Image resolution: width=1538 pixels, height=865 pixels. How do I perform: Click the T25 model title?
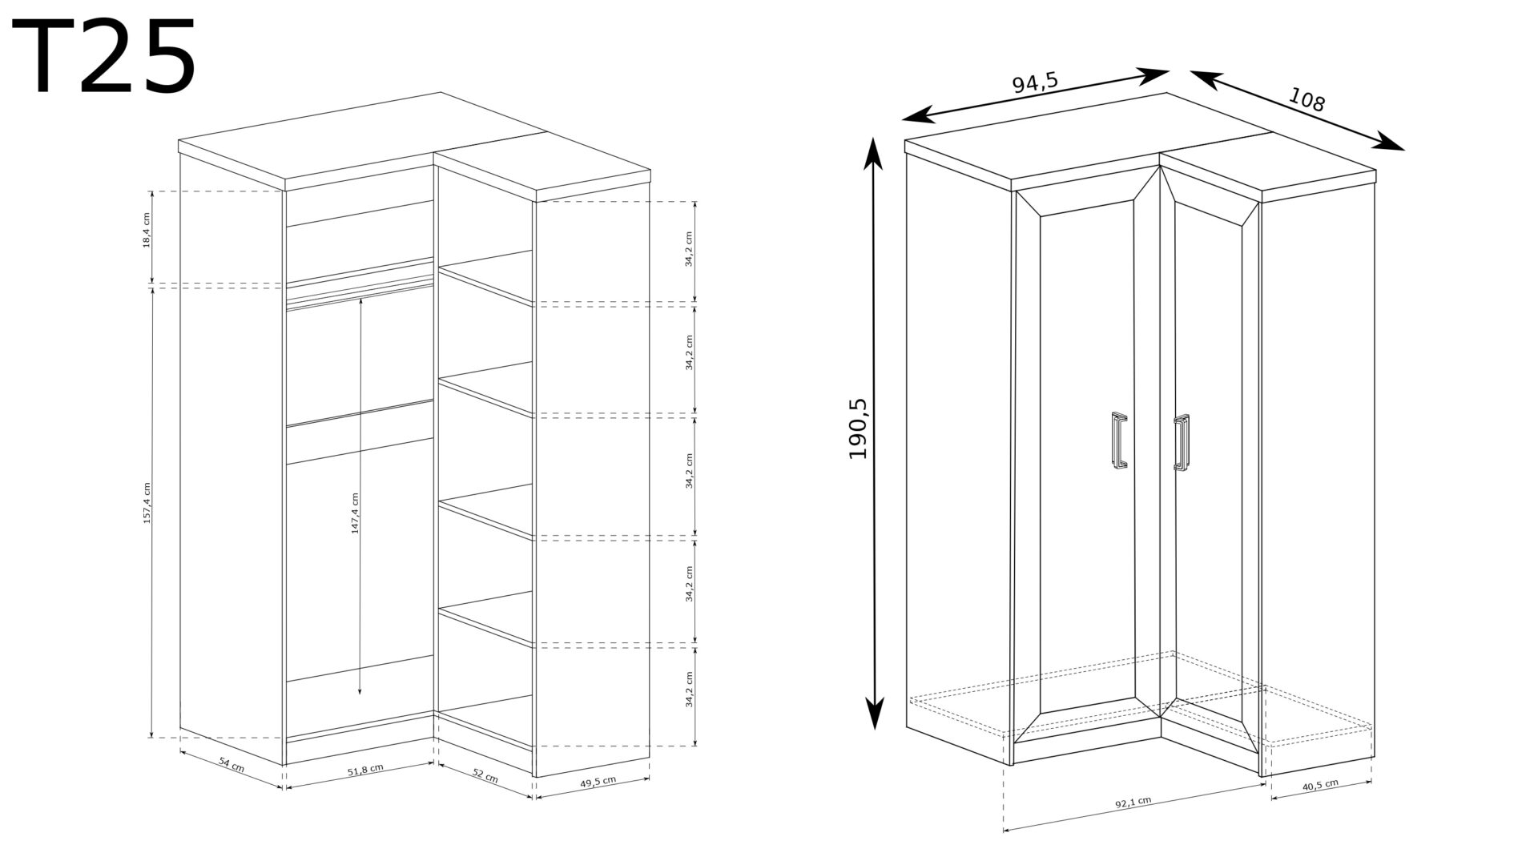(104, 57)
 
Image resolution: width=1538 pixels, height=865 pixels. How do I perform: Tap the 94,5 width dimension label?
(1035, 82)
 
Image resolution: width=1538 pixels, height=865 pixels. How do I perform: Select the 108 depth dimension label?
(1306, 99)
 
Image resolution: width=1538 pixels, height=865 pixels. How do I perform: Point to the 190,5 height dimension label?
(859, 428)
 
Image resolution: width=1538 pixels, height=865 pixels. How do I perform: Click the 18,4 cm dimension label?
(146, 237)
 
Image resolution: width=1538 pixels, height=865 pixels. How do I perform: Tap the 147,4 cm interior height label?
(355, 513)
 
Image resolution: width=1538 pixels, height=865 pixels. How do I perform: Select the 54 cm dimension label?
(232, 766)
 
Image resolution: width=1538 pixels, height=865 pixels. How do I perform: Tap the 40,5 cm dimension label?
(1320, 784)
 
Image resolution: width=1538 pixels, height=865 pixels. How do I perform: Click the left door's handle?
(1119, 439)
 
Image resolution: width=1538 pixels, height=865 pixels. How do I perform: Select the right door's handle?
(1182, 442)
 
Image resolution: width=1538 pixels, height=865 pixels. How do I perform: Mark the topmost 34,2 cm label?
(689, 249)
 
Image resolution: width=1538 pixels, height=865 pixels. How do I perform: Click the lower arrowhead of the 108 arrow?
(1389, 143)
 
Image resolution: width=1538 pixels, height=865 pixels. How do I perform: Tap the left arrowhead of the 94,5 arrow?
(918, 115)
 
